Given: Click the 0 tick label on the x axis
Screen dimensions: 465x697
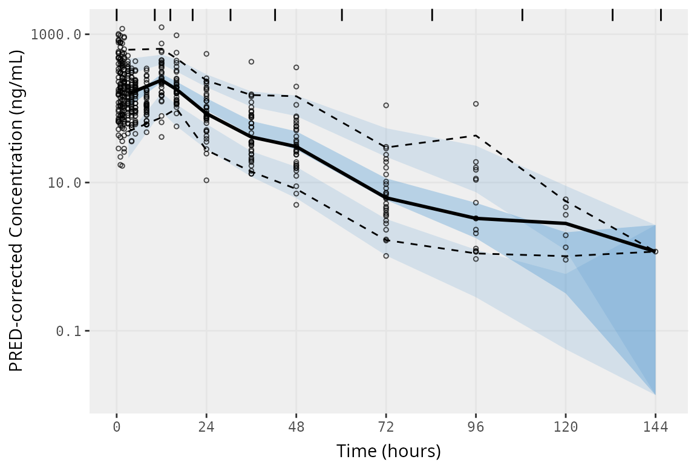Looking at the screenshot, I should click(x=116, y=427).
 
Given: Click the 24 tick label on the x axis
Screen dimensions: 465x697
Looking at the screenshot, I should click(x=206, y=427).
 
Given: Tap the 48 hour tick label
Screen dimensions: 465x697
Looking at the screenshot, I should click(x=296, y=427).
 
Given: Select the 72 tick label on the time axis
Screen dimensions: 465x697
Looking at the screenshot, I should click(x=386, y=427).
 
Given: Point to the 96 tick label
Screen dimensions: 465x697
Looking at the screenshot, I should click(x=476, y=427).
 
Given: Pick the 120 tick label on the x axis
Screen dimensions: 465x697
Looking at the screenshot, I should click(x=566, y=427).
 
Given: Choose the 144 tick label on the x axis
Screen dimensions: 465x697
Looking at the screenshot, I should click(x=655, y=427).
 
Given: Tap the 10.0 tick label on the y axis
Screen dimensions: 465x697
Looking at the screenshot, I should click(x=65, y=183).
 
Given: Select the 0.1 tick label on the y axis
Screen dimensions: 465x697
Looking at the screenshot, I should click(x=68, y=331).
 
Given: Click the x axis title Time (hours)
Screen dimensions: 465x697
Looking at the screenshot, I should click(x=388, y=451).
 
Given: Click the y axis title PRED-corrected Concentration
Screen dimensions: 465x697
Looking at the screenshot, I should click(x=17, y=211).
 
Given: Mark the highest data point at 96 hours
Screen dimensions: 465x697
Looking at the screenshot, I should click(x=476, y=104).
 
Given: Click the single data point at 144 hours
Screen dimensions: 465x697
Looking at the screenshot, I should click(x=655, y=251).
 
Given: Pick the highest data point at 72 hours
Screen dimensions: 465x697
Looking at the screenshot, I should click(x=386, y=105).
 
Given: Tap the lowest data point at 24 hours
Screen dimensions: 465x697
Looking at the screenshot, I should click(x=206, y=180).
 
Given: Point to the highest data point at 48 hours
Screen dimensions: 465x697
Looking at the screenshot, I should click(x=296, y=67).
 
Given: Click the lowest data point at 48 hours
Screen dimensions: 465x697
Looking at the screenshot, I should click(x=296, y=205).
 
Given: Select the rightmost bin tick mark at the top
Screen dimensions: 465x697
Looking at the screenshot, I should click(x=661, y=15).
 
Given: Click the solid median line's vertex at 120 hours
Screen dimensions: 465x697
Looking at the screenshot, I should click(x=566, y=223).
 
